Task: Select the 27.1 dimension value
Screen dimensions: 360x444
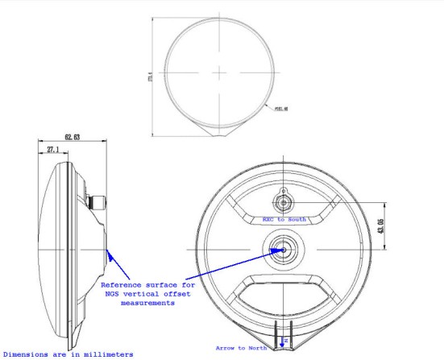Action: (x=51, y=150)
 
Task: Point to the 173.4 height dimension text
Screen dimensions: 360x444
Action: (x=151, y=78)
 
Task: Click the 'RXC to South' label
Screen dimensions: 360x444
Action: (x=284, y=218)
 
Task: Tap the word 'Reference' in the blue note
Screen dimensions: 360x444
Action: (x=125, y=285)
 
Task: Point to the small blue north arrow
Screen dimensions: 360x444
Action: (x=282, y=345)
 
